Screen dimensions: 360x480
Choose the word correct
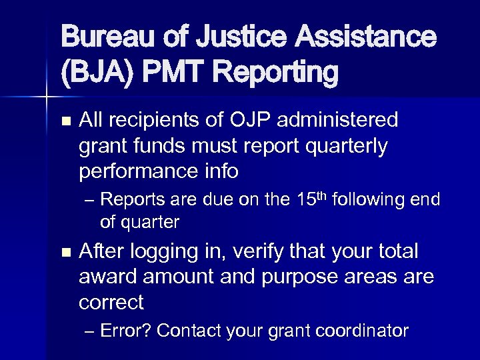(111, 303)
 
